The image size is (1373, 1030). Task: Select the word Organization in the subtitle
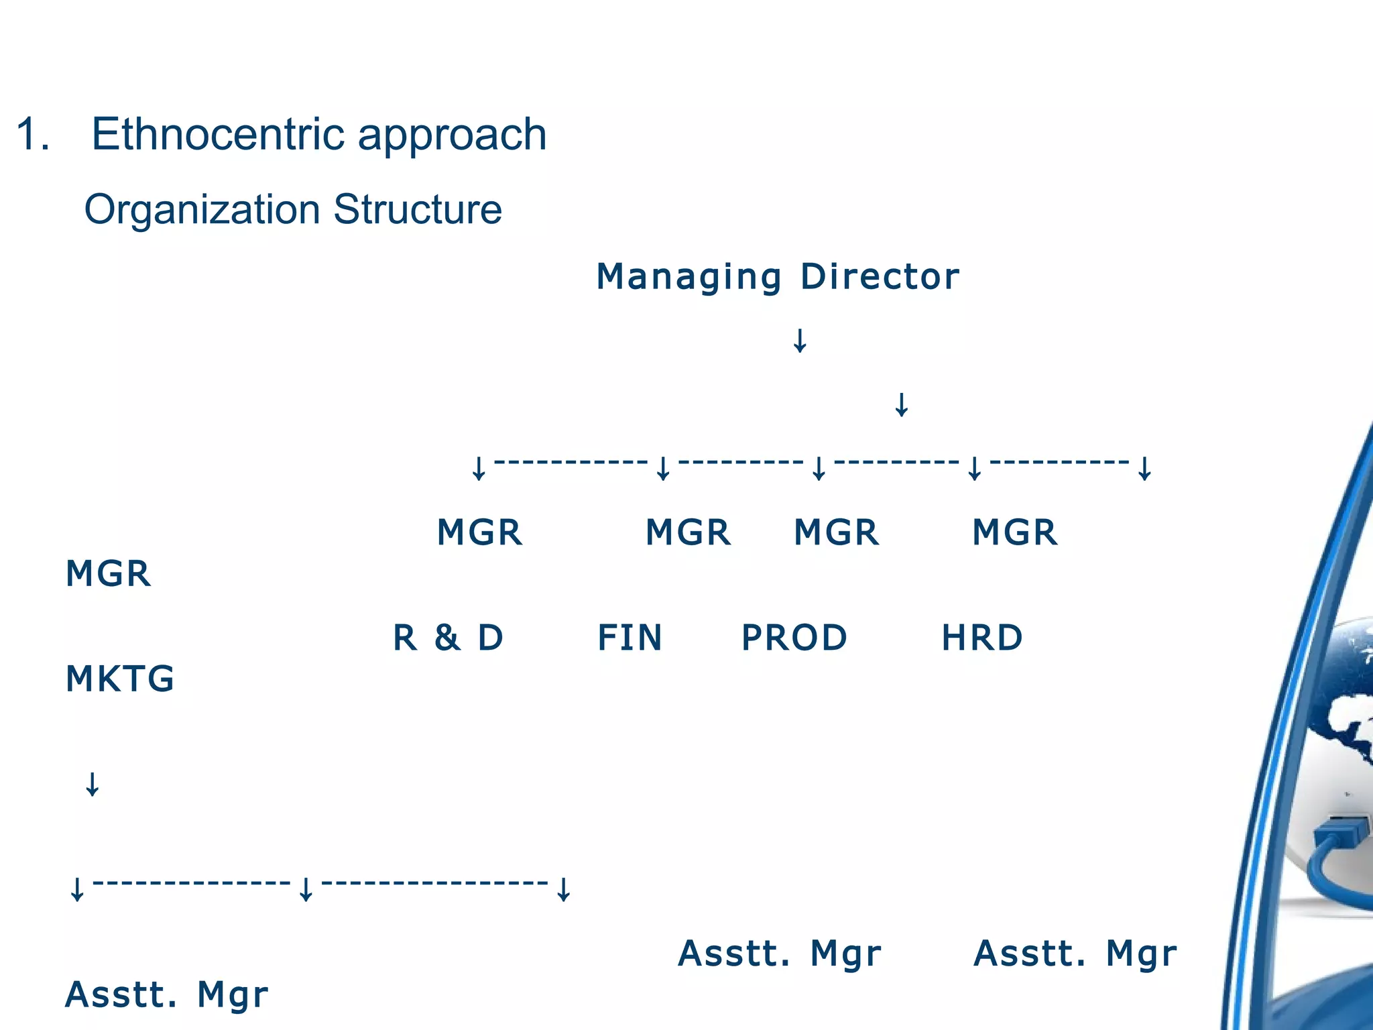(202, 211)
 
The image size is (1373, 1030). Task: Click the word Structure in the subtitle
(417, 209)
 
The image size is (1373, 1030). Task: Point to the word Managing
(689, 278)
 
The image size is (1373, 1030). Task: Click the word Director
(880, 276)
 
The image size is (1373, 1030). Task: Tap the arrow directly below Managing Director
(800, 341)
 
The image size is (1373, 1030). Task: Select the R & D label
(448, 638)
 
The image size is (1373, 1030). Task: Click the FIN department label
(630, 638)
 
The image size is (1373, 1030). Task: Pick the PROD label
(794, 638)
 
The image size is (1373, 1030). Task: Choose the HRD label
(981, 638)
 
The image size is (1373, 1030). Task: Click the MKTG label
(120, 679)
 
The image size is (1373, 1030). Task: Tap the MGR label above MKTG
(108, 574)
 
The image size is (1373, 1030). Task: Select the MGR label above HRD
(1014, 532)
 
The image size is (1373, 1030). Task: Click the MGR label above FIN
(688, 532)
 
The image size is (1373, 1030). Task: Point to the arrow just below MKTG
(93, 784)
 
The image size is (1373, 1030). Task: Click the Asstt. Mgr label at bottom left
(166, 994)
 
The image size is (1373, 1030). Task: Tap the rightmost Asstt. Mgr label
(1075, 954)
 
